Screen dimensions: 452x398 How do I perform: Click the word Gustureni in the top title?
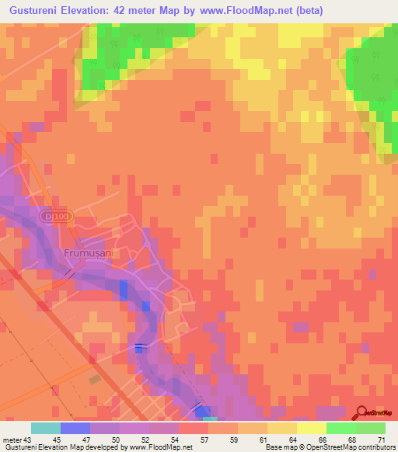coord(35,10)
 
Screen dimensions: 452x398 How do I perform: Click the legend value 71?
coord(381,440)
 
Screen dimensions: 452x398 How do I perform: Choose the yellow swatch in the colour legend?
coord(311,428)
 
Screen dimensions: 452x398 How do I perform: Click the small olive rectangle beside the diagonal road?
coord(95,379)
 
